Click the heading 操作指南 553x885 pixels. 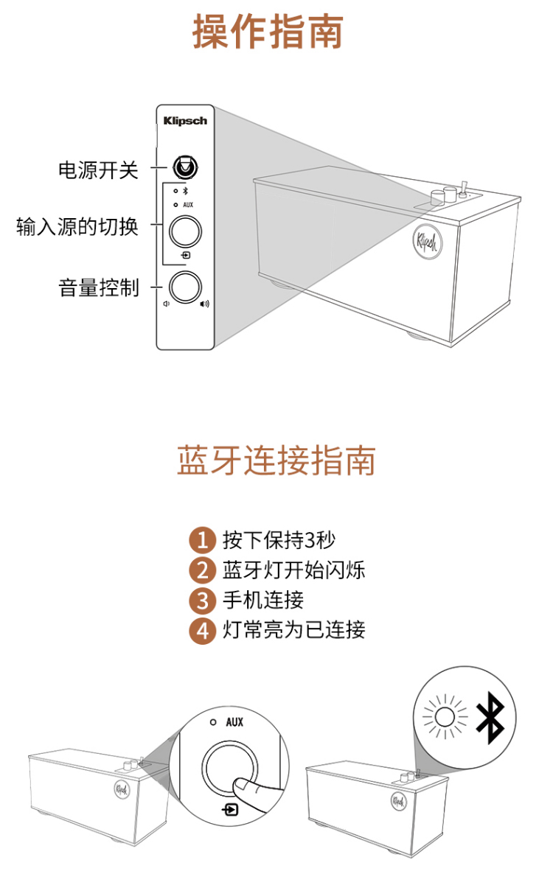[268, 32]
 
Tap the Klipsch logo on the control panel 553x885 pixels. [185, 121]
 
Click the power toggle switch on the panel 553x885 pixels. [185, 167]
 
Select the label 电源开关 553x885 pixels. [98, 171]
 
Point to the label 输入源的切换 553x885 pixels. [77, 227]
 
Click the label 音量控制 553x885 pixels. [99, 287]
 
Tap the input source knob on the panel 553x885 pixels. [185, 231]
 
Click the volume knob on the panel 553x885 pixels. [185, 287]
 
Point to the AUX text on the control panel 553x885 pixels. [188, 205]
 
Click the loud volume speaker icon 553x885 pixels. [204, 304]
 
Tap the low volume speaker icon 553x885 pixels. [167, 304]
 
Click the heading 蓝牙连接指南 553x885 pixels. [276, 460]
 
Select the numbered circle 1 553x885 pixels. [202, 540]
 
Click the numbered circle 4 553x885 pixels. [202, 631]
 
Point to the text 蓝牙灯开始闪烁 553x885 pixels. [293, 570]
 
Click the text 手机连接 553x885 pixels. [263, 600]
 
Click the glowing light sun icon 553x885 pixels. [445, 717]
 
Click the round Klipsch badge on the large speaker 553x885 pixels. [428, 241]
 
